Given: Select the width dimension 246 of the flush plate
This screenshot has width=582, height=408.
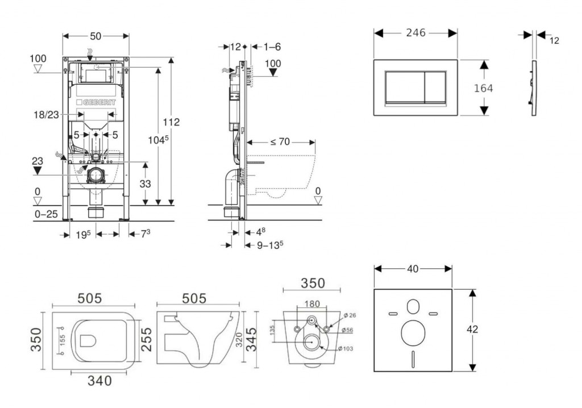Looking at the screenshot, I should [x=415, y=33].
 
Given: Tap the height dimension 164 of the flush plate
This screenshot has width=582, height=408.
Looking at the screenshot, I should [x=483, y=88].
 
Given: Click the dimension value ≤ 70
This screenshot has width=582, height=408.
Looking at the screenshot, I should [x=280, y=142].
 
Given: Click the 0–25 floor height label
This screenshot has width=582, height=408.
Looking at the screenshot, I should [x=45, y=214].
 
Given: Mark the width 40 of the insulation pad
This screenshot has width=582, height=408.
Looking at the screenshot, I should [x=413, y=268].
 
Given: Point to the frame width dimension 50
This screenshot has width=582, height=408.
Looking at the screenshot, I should [x=95, y=36].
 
